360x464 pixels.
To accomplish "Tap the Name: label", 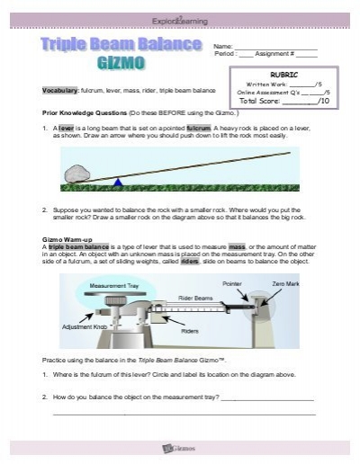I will pyautogui.click(x=222, y=46).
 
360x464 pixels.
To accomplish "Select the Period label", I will pyautogui.click(x=224, y=54).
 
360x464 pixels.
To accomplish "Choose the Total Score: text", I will pyautogui.click(x=261, y=101).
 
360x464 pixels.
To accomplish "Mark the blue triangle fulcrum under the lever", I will pyautogui.click(x=118, y=183).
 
